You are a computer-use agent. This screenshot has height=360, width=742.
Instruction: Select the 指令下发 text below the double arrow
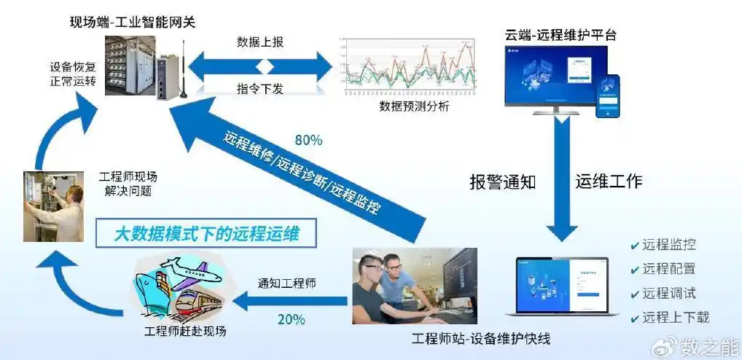pos(260,88)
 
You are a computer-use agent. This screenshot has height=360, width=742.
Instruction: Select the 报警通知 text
pos(503,181)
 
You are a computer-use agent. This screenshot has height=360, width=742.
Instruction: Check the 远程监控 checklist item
pos(668,246)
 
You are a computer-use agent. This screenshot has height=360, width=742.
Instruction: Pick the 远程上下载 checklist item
pos(676,317)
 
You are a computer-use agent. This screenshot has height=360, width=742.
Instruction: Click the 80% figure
pos(310,139)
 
